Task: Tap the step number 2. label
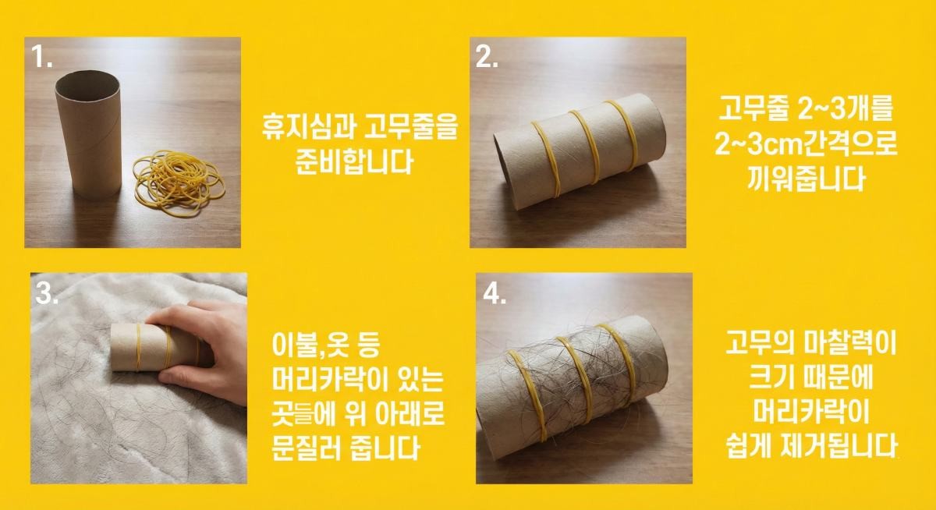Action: tap(487, 57)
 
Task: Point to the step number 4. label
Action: tap(495, 293)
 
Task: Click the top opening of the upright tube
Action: tap(86, 80)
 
